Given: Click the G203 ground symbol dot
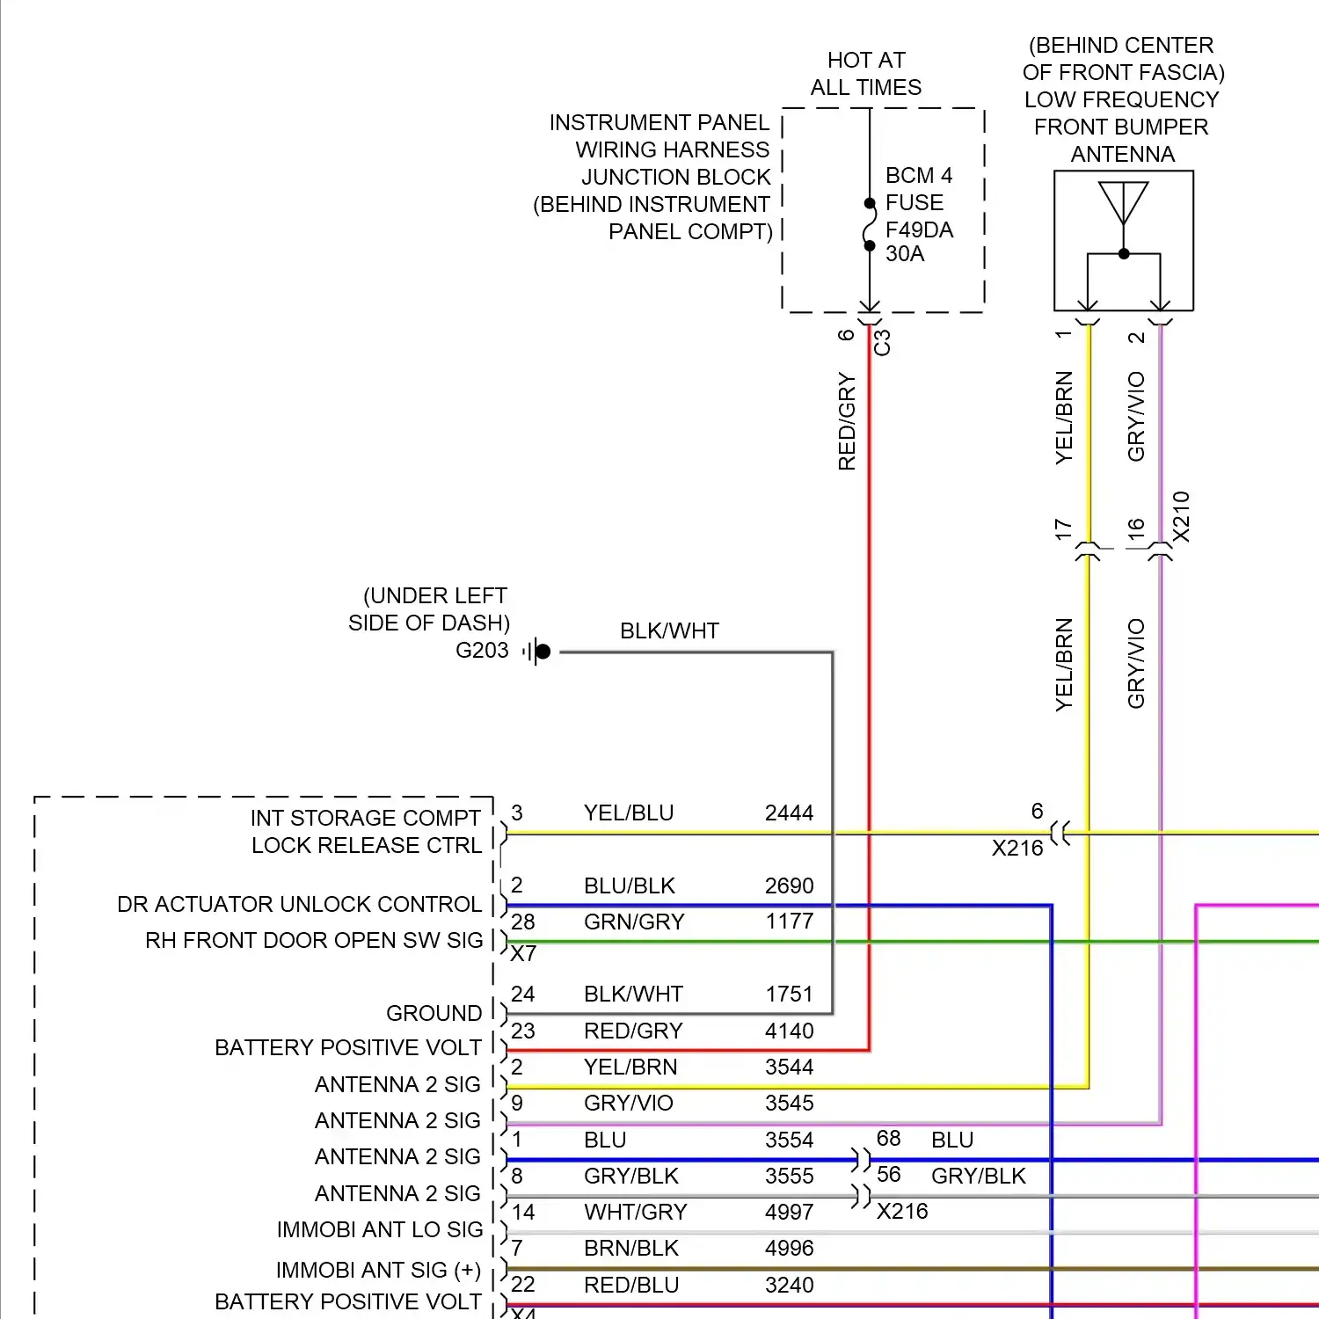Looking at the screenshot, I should [x=543, y=652].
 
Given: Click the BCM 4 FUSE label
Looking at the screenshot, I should [x=918, y=188].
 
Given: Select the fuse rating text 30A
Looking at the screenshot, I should [x=905, y=254].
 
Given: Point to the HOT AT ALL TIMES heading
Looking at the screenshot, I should [x=866, y=74].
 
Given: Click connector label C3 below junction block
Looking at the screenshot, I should [x=882, y=342].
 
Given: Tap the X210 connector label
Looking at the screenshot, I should [x=1181, y=517].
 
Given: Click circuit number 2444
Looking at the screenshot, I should [x=789, y=813].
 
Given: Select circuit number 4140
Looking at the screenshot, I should [x=789, y=1031].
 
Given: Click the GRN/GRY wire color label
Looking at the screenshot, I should [x=634, y=922].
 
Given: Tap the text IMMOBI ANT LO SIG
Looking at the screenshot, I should [x=379, y=1229].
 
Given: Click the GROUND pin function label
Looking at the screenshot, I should [x=434, y=1013].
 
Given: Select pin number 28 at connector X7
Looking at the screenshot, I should [x=522, y=922].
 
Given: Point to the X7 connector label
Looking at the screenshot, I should [x=523, y=954].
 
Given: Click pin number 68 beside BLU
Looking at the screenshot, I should [x=888, y=1139].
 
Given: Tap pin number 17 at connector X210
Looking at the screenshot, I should [x=1063, y=529].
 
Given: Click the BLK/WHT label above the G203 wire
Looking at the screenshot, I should [x=669, y=630].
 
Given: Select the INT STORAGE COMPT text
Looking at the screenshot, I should [x=365, y=818].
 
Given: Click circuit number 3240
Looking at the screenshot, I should [x=789, y=1285].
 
